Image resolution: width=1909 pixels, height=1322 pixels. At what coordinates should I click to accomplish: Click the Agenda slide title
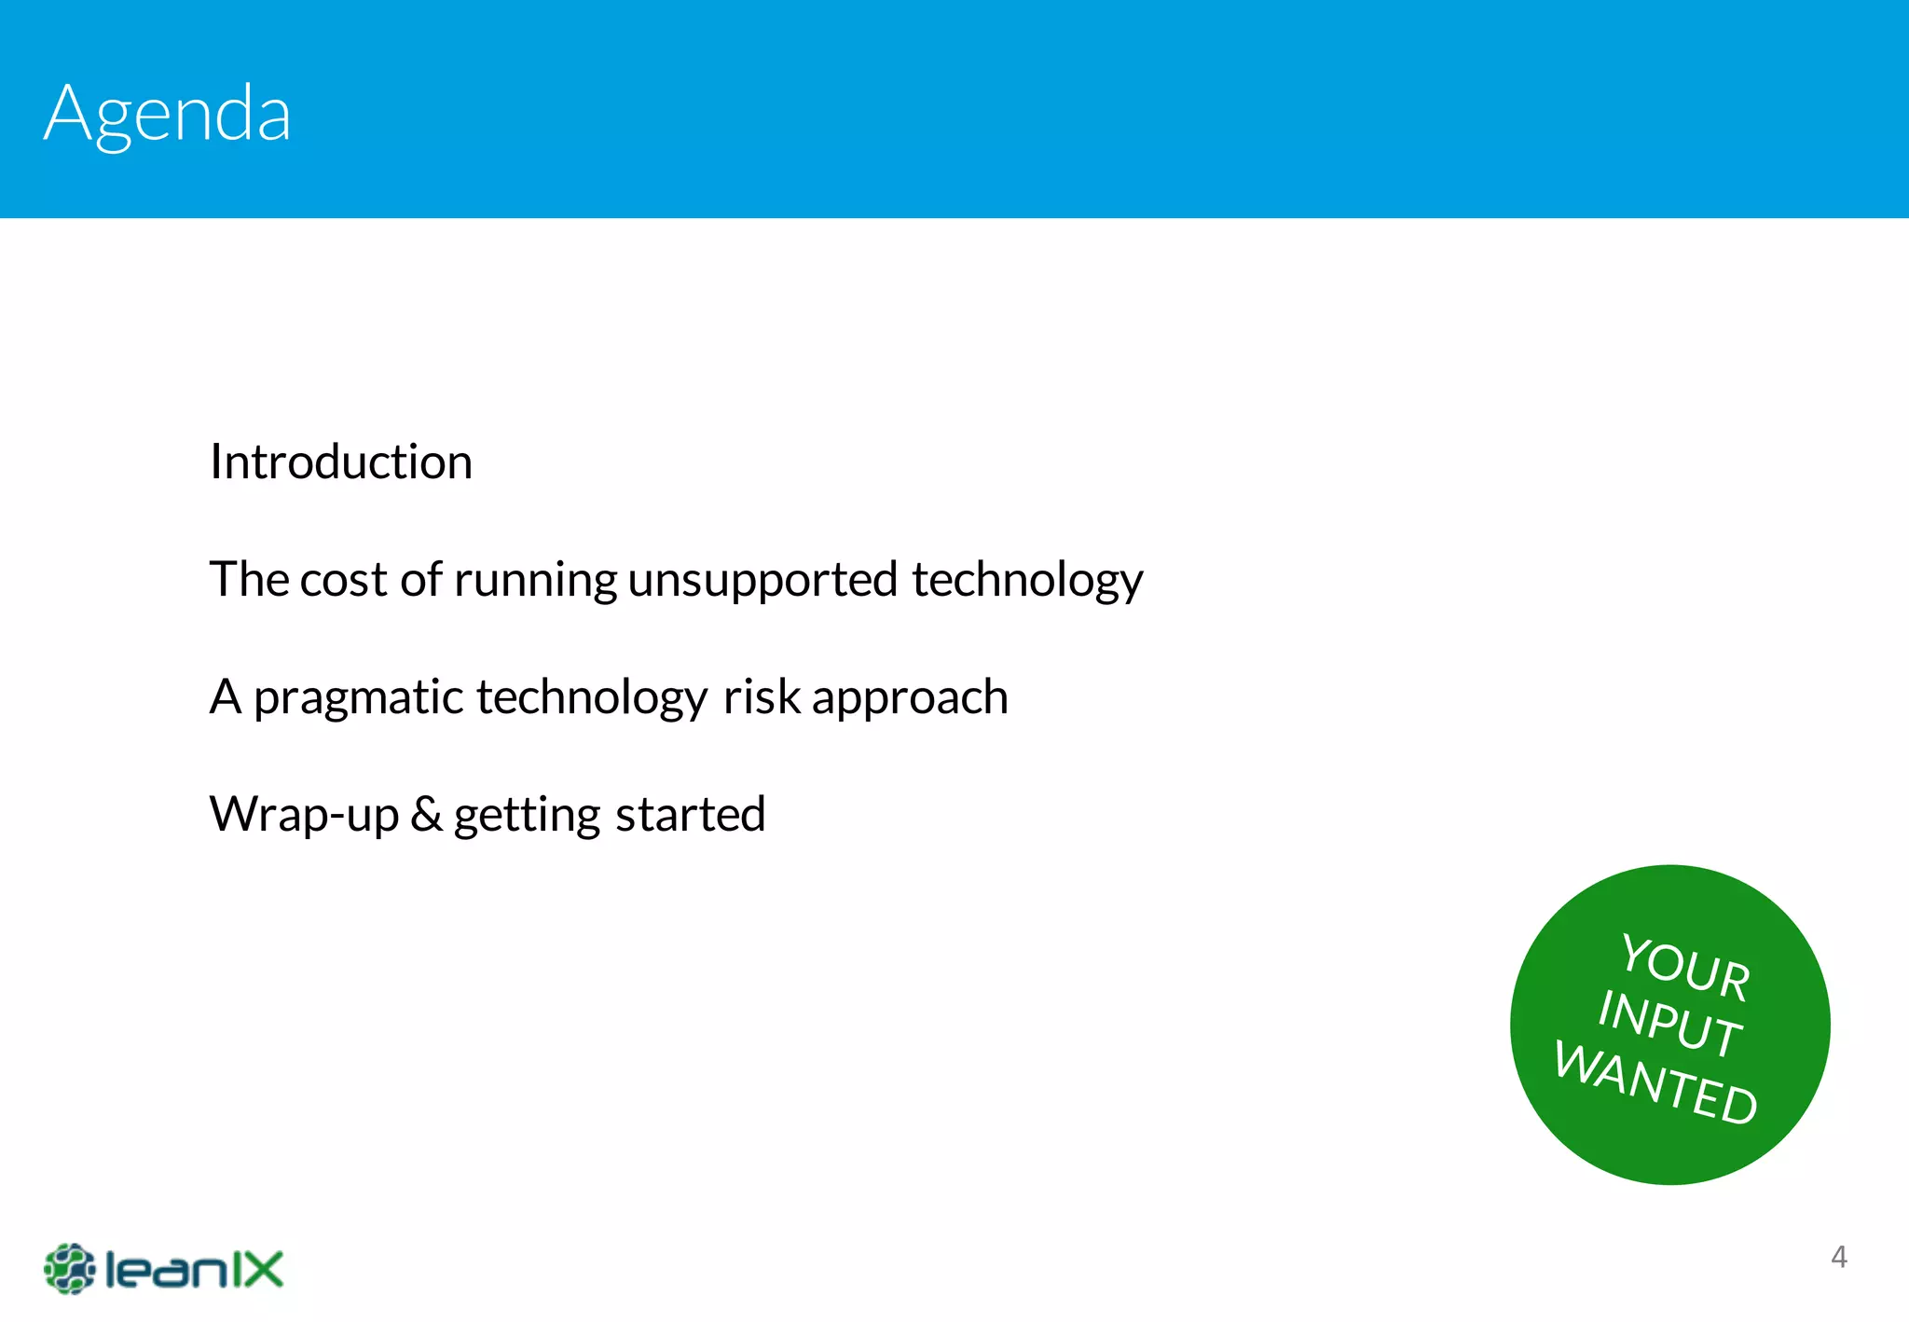pos(168,114)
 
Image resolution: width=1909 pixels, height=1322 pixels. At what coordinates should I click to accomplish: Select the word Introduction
pos(341,462)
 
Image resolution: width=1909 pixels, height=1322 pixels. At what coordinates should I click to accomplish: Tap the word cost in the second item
pos(342,580)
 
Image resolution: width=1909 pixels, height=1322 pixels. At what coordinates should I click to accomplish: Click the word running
pos(535,580)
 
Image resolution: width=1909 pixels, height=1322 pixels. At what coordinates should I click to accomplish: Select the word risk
pos(762,697)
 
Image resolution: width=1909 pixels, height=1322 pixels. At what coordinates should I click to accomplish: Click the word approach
pos(910,698)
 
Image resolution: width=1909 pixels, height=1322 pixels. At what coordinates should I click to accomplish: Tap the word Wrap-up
pos(304,815)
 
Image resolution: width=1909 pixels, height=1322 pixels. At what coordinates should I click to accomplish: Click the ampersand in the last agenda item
pos(426,814)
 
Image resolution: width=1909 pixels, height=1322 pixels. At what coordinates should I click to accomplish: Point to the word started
pos(690,815)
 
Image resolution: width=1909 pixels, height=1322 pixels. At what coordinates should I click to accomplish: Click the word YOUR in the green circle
pos(1685,966)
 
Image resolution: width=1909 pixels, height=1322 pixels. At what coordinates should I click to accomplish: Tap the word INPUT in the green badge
pos(1669,1024)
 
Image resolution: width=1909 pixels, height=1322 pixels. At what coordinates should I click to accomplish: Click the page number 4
pos(1838,1257)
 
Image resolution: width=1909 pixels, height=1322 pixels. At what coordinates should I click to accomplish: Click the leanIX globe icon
pos(69,1269)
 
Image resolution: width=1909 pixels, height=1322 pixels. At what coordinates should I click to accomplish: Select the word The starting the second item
pos(249,580)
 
